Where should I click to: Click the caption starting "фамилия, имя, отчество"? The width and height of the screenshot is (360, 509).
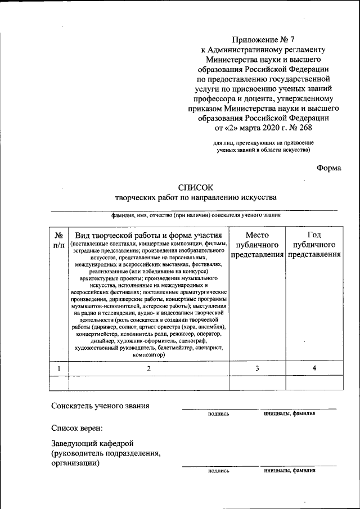click(196, 215)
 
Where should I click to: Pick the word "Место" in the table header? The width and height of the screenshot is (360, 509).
click(257, 235)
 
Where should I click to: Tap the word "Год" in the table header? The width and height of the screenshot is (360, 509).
click(314, 235)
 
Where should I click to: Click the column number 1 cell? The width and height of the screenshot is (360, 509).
click(59, 368)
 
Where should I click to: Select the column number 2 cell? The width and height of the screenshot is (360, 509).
click(148, 368)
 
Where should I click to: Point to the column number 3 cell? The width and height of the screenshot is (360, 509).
click(257, 368)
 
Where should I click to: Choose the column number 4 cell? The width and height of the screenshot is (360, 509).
click(314, 368)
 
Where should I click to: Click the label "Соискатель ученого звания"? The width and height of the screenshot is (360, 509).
click(100, 406)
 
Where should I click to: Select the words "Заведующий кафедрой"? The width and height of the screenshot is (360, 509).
click(92, 444)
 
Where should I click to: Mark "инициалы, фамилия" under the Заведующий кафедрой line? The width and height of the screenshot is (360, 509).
click(289, 470)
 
